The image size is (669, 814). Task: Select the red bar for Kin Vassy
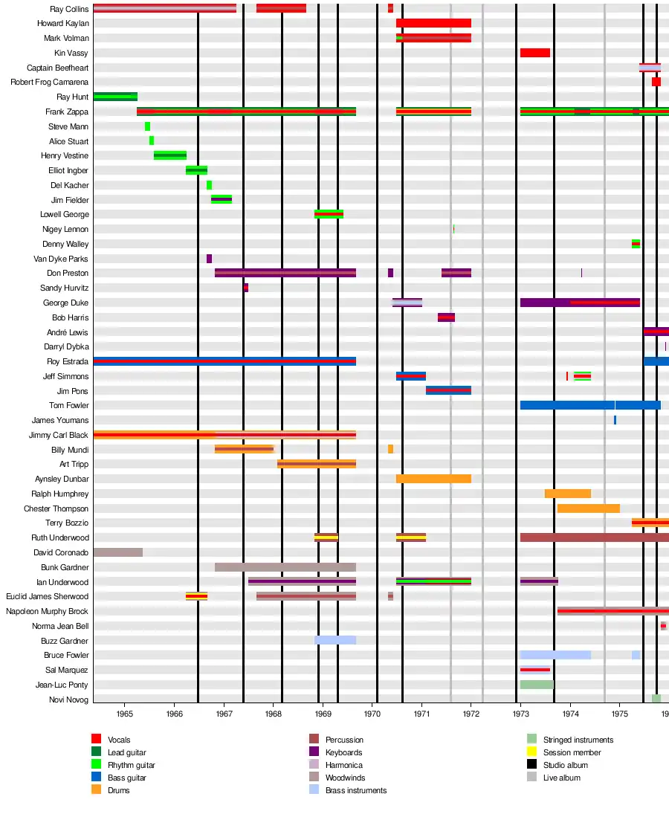(534, 53)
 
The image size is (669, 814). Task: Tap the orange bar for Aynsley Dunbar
(433, 479)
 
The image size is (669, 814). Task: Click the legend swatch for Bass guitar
(96, 778)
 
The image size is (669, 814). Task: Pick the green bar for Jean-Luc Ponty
(536, 685)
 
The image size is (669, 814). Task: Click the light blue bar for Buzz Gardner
(334, 640)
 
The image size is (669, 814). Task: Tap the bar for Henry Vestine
(169, 155)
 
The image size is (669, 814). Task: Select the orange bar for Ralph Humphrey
(567, 494)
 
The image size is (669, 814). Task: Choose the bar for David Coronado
(117, 552)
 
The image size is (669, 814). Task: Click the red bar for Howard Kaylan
(433, 23)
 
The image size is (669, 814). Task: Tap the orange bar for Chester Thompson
(588, 508)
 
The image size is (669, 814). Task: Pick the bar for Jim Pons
(448, 390)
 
